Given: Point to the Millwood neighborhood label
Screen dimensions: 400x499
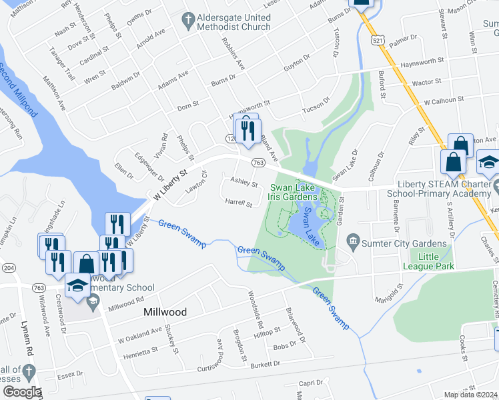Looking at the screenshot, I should [165, 311].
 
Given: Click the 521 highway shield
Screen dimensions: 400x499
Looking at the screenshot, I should [378, 41].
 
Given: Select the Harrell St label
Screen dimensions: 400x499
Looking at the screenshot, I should [238, 201].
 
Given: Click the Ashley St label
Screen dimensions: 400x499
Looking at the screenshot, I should [243, 181].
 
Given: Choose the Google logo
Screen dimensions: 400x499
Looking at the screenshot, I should [21, 392].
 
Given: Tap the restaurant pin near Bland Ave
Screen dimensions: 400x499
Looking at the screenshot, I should [249, 131].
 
